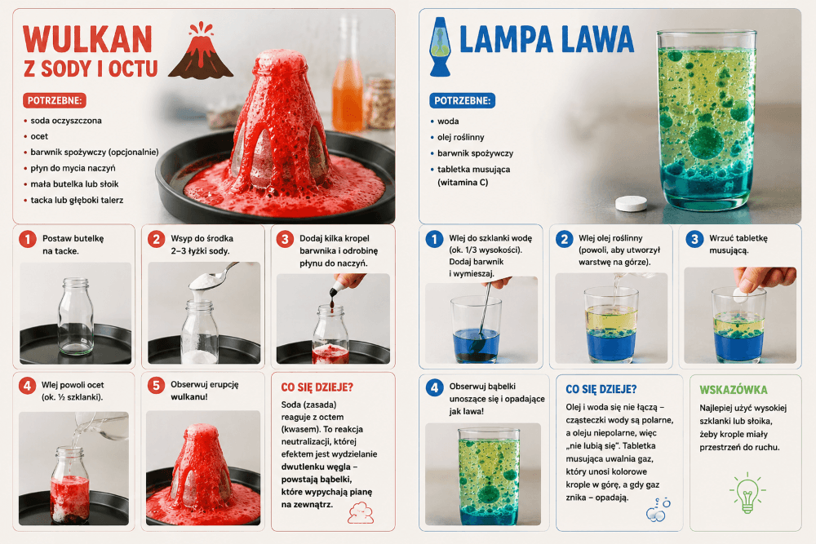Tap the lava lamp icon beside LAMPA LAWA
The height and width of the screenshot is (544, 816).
click(x=440, y=46)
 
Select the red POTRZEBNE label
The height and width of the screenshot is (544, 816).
click(x=54, y=100)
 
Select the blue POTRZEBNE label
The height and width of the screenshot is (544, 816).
click(x=462, y=100)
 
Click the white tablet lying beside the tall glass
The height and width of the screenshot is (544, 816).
click(x=632, y=203)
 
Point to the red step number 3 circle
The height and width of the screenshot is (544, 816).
click(x=285, y=239)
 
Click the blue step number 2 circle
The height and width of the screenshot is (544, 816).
click(x=564, y=239)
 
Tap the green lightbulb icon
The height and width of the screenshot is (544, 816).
click(x=747, y=493)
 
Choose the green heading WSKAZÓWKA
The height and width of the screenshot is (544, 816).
click(x=734, y=390)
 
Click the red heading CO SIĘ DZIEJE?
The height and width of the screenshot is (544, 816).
click(x=317, y=387)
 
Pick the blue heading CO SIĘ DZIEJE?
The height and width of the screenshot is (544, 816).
click(x=601, y=389)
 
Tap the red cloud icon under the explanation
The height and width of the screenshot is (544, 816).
click(x=361, y=512)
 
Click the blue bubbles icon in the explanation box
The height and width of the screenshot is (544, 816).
click(x=658, y=510)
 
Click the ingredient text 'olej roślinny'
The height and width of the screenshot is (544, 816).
click(x=460, y=137)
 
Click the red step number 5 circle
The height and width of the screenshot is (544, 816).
click(x=156, y=386)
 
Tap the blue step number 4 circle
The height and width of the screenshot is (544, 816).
click(x=435, y=387)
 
